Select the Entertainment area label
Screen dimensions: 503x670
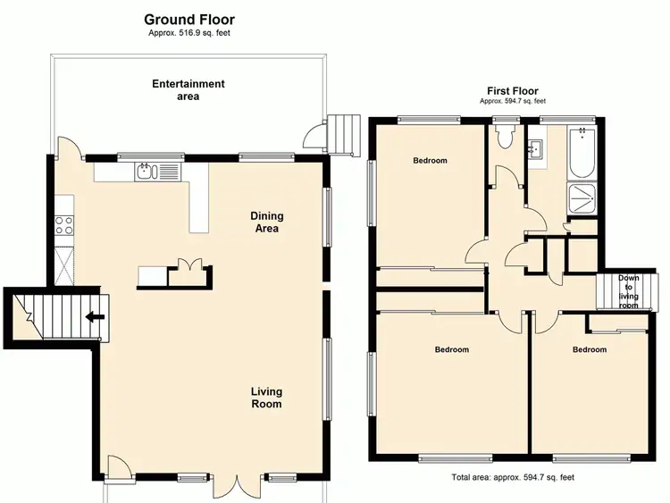pyautogui.click(x=188, y=90)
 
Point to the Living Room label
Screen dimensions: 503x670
pyautogui.click(x=265, y=398)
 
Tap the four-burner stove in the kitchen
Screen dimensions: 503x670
pyautogui.click(x=64, y=226)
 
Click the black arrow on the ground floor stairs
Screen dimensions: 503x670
pyautogui.click(x=91, y=316)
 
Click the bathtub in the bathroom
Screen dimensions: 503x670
pyautogui.click(x=586, y=155)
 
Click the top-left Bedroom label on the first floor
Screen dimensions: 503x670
pyautogui.click(x=430, y=161)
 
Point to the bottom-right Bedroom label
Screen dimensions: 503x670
pyautogui.click(x=590, y=349)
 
